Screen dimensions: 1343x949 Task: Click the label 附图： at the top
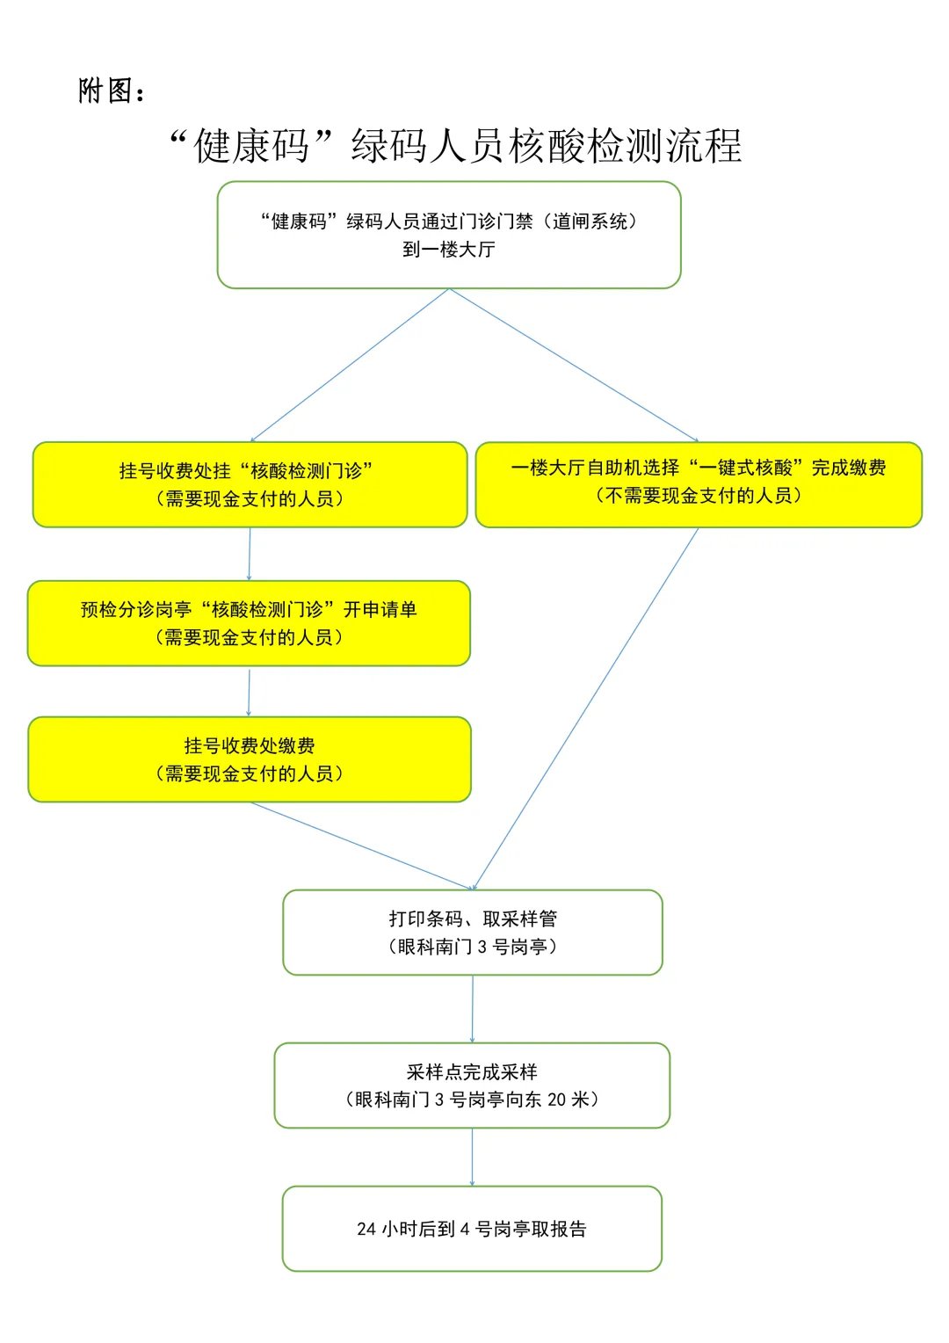(112, 91)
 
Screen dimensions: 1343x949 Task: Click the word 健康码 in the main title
(251, 146)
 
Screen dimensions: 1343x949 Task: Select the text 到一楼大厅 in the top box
(448, 250)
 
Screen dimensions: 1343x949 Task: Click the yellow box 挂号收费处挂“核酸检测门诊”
(250, 484)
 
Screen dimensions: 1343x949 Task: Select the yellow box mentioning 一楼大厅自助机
(699, 483)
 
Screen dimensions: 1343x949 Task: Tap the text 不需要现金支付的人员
(699, 496)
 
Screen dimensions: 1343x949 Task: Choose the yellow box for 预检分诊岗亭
(249, 623)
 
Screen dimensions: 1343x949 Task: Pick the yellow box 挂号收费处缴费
(250, 759)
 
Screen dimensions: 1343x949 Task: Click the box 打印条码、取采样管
(473, 933)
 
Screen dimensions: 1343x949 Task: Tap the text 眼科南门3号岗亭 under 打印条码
(473, 947)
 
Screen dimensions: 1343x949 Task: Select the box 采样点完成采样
(472, 1085)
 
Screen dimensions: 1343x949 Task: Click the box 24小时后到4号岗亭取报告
(472, 1229)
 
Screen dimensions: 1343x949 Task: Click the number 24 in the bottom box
(366, 1230)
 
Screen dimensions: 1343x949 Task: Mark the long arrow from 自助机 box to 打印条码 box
(587, 708)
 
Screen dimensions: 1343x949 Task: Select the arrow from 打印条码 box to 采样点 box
(473, 1009)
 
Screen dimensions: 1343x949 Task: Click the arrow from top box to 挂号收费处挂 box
(350, 366)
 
